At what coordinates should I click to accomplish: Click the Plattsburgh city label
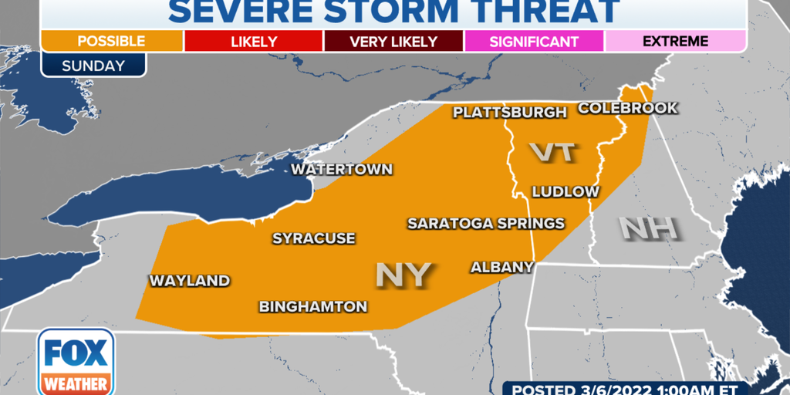[509, 113]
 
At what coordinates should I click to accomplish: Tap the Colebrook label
[627, 108]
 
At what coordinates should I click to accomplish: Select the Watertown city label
[341, 170]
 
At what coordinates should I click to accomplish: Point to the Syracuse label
[313, 238]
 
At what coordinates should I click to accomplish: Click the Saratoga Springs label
[486, 224]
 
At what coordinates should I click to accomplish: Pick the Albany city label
[502, 267]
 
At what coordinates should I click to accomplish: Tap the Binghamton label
[312, 306]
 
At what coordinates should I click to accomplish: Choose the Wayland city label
[189, 281]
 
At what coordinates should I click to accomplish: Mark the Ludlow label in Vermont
[565, 191]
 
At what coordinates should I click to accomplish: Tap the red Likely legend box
[254, 41]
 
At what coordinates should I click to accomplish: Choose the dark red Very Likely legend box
[394, 41]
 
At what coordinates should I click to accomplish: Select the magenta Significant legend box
[534, 41]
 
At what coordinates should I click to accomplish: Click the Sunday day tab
[93, 66]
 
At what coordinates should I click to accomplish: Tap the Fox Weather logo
[75, 362]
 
